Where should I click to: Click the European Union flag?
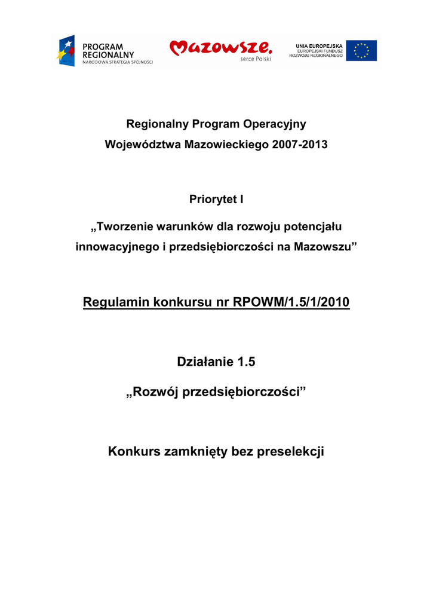361,51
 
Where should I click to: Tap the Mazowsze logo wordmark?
220,48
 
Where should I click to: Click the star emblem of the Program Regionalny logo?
65,51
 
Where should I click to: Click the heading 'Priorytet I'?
216,199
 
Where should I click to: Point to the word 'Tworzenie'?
125,227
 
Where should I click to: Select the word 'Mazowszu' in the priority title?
325,247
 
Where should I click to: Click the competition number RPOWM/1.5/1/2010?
291,303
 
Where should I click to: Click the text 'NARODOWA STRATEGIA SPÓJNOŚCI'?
118,62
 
